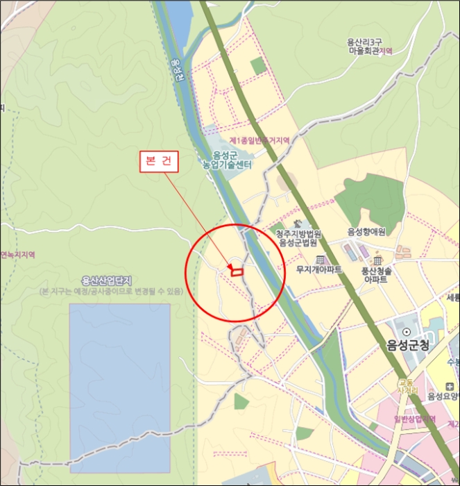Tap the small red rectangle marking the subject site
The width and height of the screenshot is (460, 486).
[x=236, y=271]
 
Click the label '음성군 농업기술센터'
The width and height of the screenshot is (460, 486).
[x=226, y=160]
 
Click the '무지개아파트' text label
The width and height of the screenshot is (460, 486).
[x=319, y=269]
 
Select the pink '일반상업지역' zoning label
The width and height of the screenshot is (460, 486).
[x=414, y=419]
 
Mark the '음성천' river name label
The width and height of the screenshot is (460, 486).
[x=175, y=70]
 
